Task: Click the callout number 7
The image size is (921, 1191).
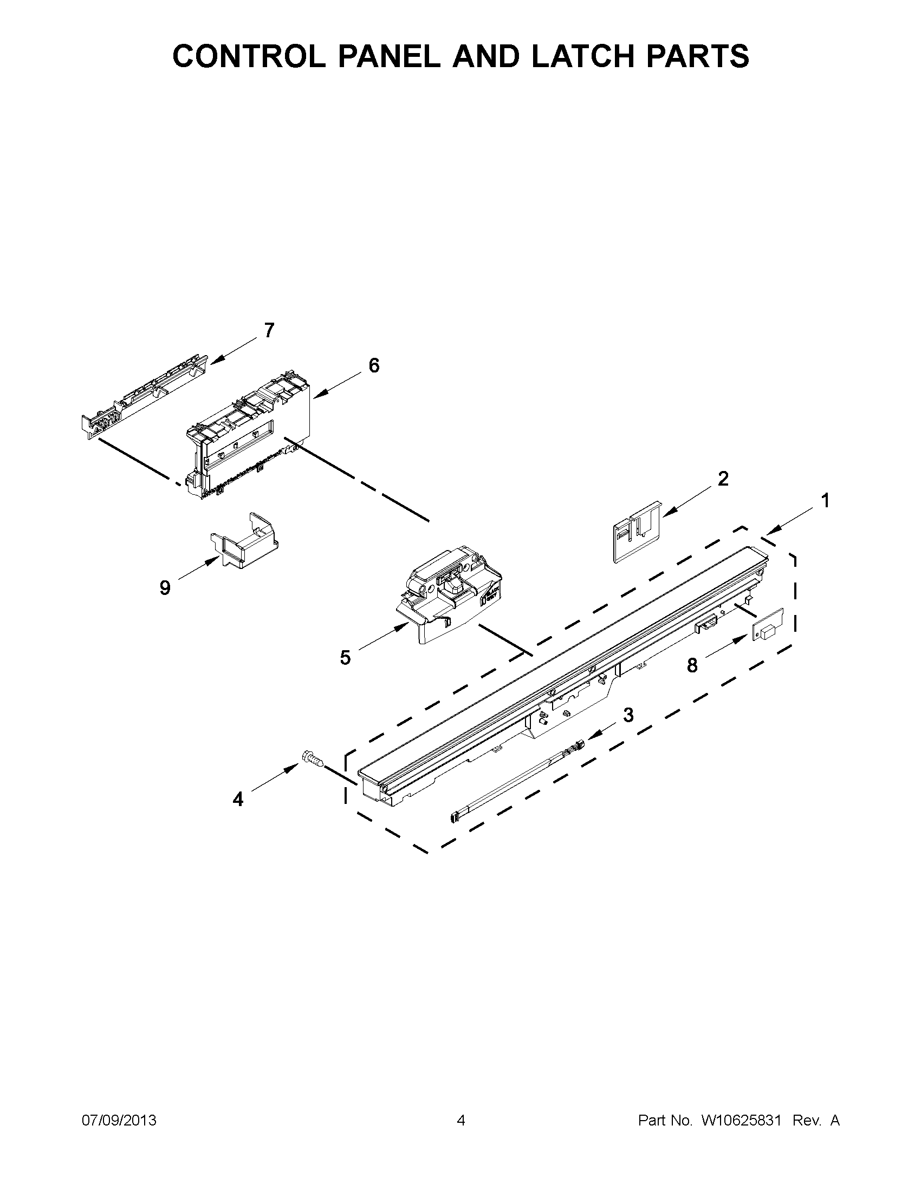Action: [x=269, y=330]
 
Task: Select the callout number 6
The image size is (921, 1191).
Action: [x=374, y=365]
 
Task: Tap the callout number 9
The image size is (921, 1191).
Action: [x=165, y=588]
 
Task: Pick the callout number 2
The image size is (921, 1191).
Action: [x=723, y=479]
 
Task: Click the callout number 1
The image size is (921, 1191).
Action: [x=825, y=500]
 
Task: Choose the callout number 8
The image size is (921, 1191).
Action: [x=692, y=665]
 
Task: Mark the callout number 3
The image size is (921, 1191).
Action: [x=628, y=715]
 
